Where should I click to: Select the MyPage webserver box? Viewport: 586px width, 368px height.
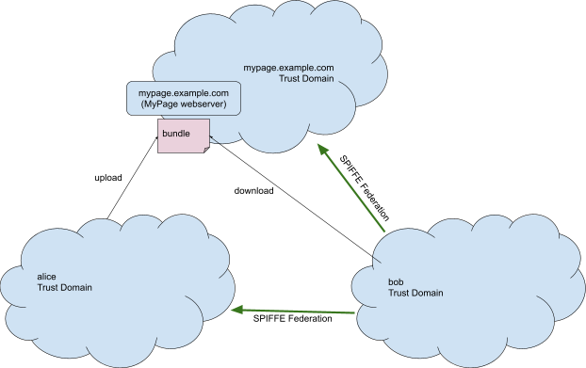[x=184, y=99]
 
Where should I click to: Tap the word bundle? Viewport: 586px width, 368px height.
[x=176, y=134]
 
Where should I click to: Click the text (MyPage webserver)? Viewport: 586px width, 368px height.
[x=184, y=104]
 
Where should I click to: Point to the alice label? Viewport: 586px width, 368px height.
[x=46, y=276]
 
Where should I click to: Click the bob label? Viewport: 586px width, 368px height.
[x=397, y=281]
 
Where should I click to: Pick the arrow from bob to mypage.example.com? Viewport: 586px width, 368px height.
[x=352, y=189]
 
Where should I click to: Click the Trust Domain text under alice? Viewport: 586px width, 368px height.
[x=64, y=287]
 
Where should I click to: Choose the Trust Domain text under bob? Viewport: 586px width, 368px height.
[x=415, y=293]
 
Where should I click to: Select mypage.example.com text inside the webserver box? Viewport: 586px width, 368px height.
[x=184, y=93]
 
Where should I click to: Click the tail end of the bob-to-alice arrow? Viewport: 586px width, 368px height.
[x=353, y=312]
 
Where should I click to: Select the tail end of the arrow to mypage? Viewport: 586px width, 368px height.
[x=385, y=232]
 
